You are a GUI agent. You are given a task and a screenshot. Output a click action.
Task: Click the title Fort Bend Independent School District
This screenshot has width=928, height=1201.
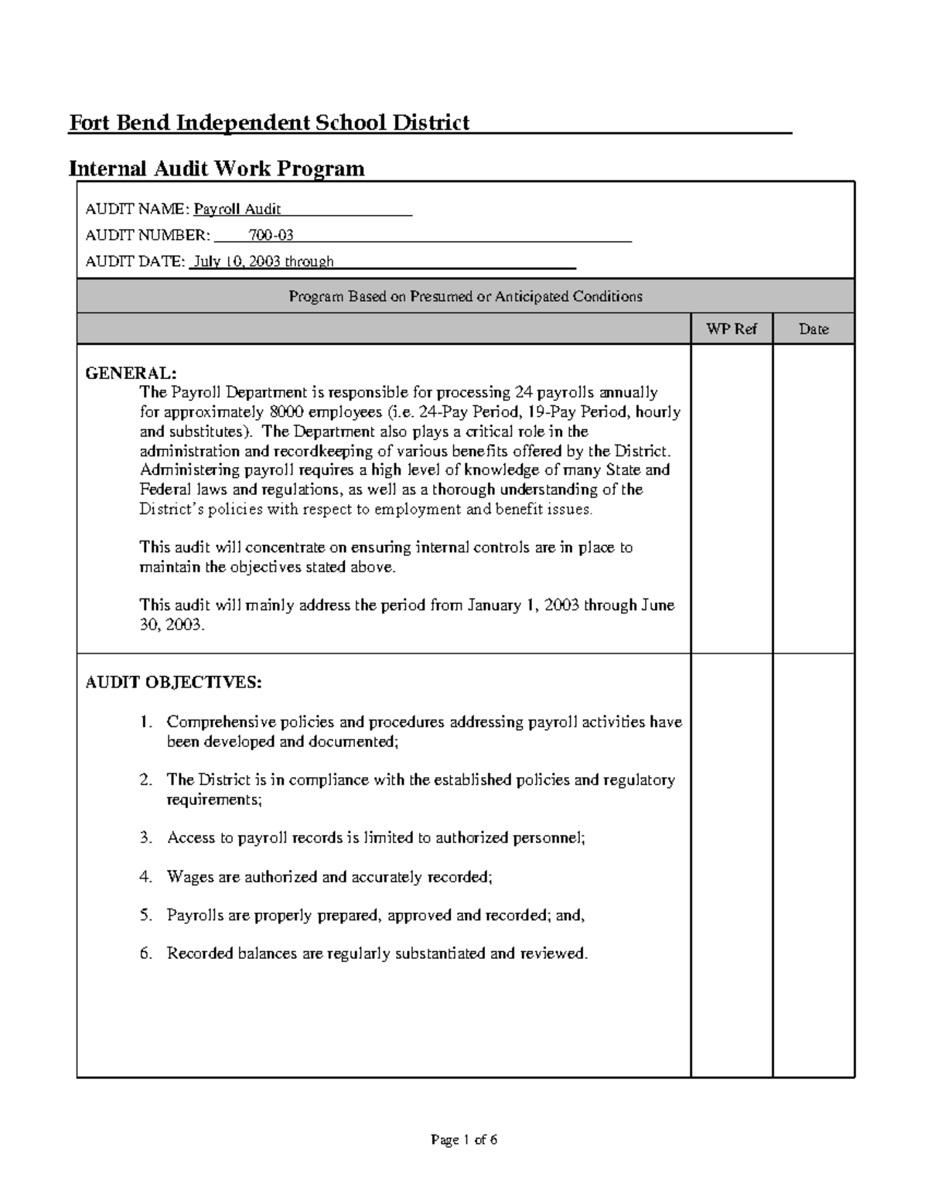(269, 122)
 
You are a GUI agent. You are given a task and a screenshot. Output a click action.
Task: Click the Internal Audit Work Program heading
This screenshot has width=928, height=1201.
(217, 168)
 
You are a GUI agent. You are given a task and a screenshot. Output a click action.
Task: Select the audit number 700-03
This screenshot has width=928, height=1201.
(271, 235)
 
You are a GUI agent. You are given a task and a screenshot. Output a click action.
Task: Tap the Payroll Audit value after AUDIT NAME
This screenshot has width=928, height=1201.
(237, 209)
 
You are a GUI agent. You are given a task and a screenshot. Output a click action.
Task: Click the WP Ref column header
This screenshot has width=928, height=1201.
(731, 329)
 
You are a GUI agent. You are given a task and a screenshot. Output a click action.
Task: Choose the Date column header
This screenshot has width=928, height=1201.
(814, 329)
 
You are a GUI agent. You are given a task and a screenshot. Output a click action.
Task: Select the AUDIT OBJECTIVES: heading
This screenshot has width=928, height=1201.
(173, 683)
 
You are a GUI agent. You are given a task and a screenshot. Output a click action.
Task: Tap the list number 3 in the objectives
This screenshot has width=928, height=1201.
(146, 838)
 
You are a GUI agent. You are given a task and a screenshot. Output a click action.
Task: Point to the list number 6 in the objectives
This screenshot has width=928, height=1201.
(146, 954)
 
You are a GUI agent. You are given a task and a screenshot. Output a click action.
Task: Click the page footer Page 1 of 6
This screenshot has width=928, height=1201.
(464, 1139)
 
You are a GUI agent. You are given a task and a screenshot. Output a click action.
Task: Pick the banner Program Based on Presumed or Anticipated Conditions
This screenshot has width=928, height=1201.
(466, 296)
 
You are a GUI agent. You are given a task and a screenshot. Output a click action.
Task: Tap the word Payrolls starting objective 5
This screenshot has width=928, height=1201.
(191, 916)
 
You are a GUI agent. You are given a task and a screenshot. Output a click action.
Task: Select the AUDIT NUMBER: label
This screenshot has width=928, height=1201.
(147, 235)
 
